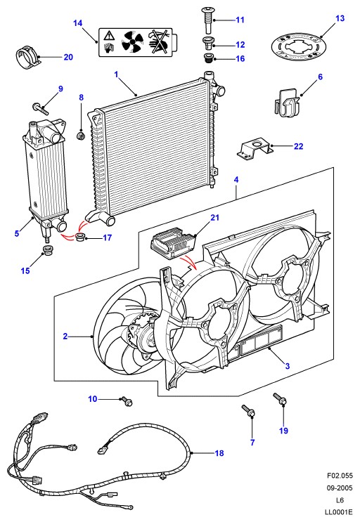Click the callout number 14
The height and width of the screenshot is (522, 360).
77,23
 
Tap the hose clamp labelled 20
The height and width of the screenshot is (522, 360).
28,58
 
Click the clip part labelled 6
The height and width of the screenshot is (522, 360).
287,102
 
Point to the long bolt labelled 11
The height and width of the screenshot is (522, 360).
208,20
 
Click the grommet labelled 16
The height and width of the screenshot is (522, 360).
208,58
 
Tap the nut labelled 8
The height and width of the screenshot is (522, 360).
81,136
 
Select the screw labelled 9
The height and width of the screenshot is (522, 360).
40,109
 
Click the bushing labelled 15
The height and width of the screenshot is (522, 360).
47,250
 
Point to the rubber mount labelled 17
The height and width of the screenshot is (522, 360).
81,237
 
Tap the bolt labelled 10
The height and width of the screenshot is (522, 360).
127,401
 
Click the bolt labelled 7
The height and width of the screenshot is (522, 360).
249,411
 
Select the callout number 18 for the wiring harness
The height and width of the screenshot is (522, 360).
219,452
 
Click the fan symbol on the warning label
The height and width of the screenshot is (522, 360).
132,42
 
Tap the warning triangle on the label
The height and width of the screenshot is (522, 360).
108,35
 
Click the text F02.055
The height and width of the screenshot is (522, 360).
340,475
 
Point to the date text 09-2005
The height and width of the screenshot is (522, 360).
340,488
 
